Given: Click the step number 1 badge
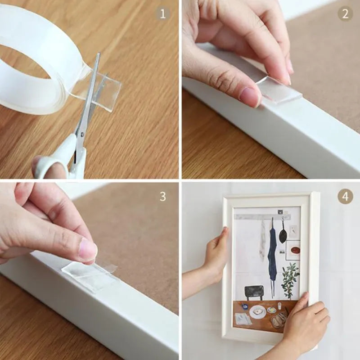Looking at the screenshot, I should click(163, 13).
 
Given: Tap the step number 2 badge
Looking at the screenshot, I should click(345, 13).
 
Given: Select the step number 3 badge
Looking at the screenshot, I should click(163, 196).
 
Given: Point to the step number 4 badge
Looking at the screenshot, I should click(345, 196).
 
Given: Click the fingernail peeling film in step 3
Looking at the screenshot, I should click(87, 250).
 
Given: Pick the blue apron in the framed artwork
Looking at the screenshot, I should click(272, 254).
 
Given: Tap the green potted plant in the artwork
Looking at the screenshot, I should click(290, 279).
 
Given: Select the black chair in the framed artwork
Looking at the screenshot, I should click(254, 292).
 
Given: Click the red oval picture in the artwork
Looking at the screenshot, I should click(295, 250).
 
